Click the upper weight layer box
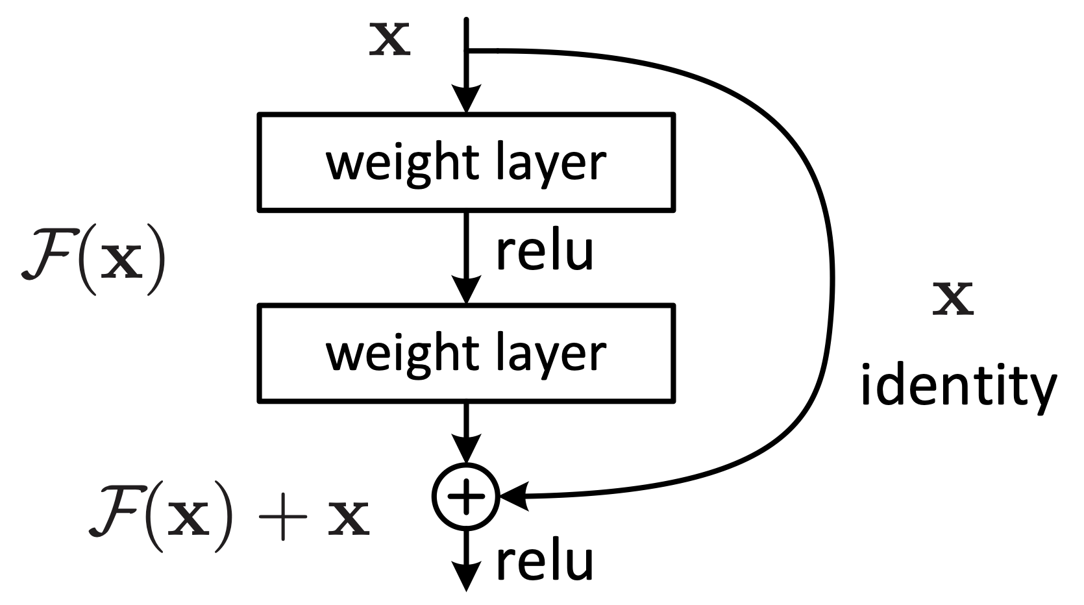pos(466,162)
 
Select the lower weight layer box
pos(466,352)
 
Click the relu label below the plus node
pos(544,562)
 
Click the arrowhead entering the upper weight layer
pos(466,101)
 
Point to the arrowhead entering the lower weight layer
pos(466,290)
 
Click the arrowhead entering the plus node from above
pos(466,449)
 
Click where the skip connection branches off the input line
pos(467,50)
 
